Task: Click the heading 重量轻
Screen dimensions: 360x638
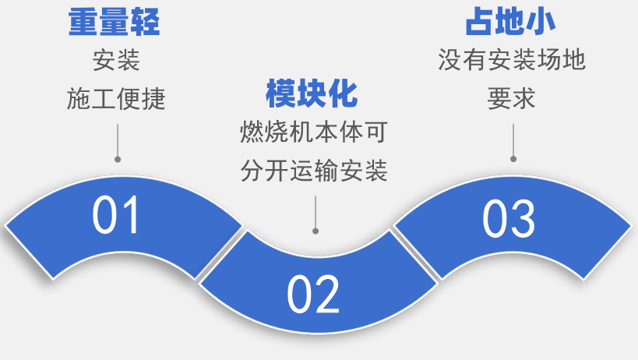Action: click(115, 23)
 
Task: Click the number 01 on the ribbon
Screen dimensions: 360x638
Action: click(116, 216)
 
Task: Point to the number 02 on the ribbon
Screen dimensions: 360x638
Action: click(313, 294)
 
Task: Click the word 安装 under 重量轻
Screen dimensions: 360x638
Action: click(116, 62)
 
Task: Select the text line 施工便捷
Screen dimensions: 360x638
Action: click(116, 99)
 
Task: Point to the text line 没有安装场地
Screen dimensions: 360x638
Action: click(511, 60)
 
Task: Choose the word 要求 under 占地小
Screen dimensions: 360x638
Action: click(511, 98)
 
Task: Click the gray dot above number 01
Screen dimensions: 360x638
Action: click(118, 159)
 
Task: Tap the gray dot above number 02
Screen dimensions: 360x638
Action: click(315, 231)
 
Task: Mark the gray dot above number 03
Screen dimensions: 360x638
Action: click(513, 159)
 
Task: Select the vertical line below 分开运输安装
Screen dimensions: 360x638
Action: click(315, 211)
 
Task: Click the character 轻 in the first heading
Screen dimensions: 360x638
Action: click(146, 23)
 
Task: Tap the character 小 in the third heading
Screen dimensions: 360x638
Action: click(542, 21)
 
